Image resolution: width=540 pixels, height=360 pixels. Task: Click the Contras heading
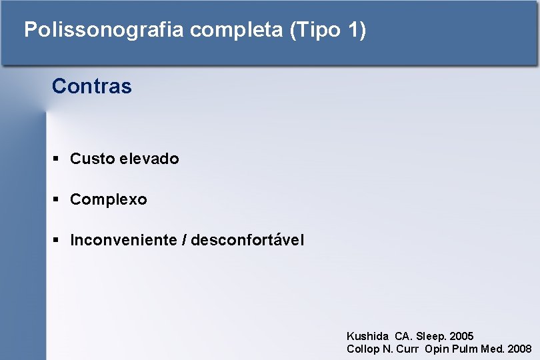pyautogui.click(x=91, y=86)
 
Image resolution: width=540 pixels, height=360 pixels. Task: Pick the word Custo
pyautogui.click(x=92, y=159)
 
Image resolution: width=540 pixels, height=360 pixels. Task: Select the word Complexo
pyautogui.click(x=109, y=199)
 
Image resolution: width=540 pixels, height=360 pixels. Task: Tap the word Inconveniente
pyautogui.click(x=123, y=240)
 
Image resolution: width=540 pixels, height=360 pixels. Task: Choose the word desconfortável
pyautogui.click(x=247, y=240)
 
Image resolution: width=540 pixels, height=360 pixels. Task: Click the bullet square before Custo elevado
pyautogui.click(x=57, y=159)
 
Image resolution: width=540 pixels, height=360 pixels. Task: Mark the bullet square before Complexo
pyautogui.click(x=57, y=199)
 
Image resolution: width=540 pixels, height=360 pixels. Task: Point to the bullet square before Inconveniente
pyautogui.click(x=57, y=240)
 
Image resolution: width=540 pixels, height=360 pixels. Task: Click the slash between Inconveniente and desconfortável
pyautogui.click(x=184, y=240)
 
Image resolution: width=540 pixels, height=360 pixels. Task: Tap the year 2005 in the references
pyautogui.click(x=461, y=337)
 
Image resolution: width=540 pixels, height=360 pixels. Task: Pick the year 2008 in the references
pyautogui.click(x=519, y=349)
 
